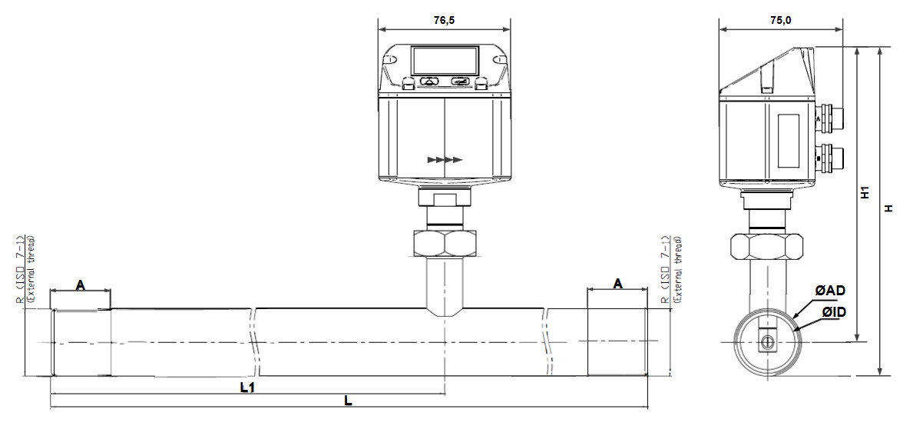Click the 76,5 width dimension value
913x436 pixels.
(444, 21)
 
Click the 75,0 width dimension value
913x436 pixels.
(781, 21)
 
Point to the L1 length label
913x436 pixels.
(247, 388)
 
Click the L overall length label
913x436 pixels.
(348, 401)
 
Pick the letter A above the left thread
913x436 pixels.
(80, 285)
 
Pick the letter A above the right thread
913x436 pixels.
(617, 284)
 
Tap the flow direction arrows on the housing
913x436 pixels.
(445, 160)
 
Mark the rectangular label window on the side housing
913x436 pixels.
(789, 140)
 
